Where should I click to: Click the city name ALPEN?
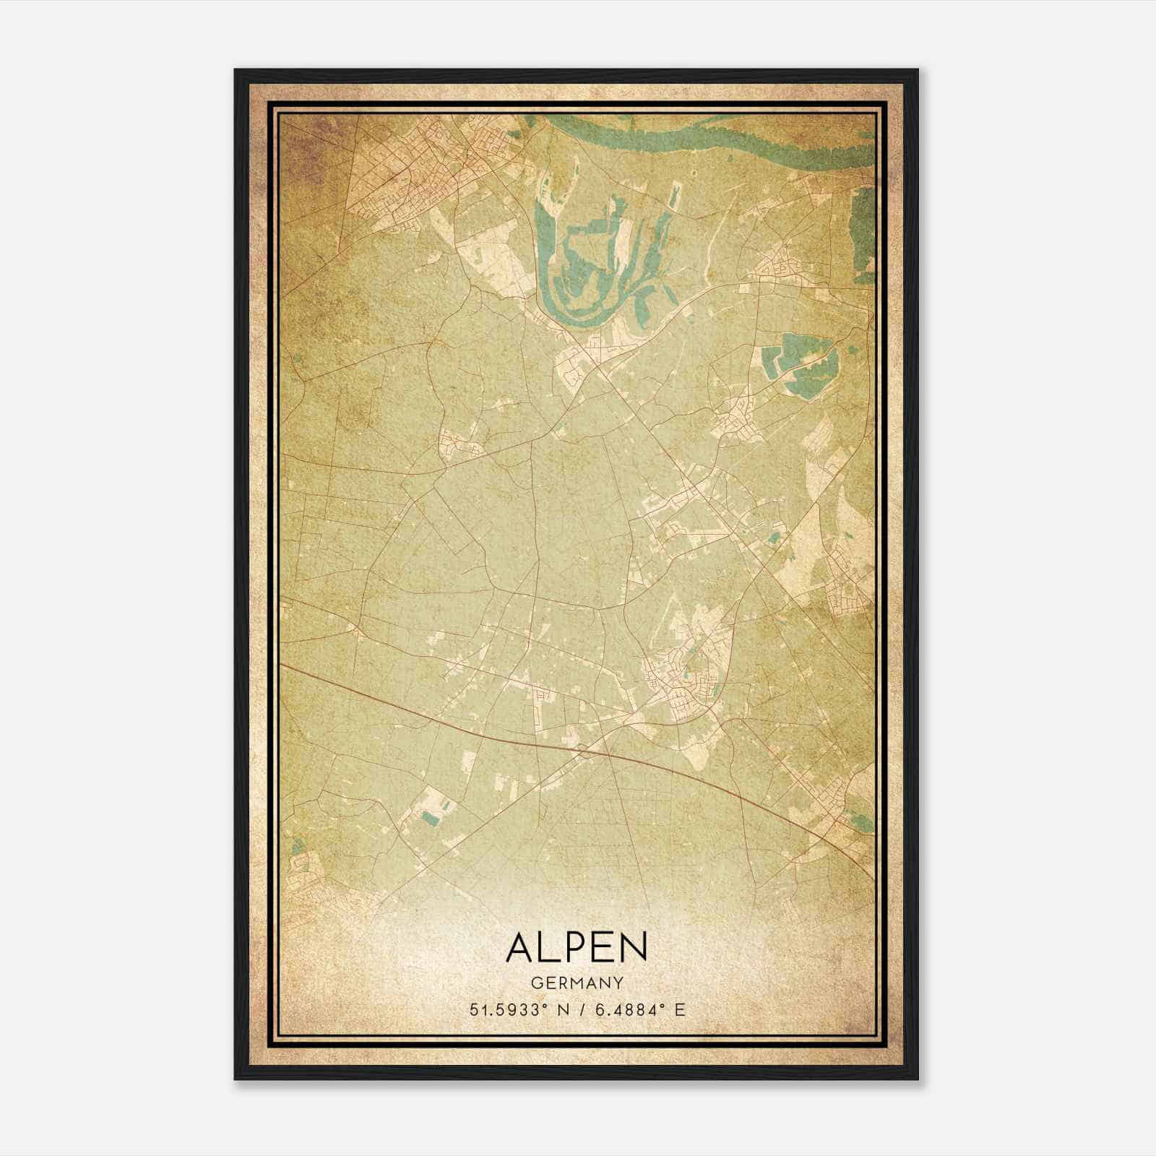click(577, 947)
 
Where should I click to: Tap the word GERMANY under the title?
click(577, 983)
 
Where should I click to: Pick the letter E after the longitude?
click(679, 1010)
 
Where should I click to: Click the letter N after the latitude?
click(561, 1010)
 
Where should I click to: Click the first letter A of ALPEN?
click(521, 947)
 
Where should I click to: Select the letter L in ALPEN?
click(551, 947)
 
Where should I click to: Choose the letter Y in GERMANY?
click(618, 983)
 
